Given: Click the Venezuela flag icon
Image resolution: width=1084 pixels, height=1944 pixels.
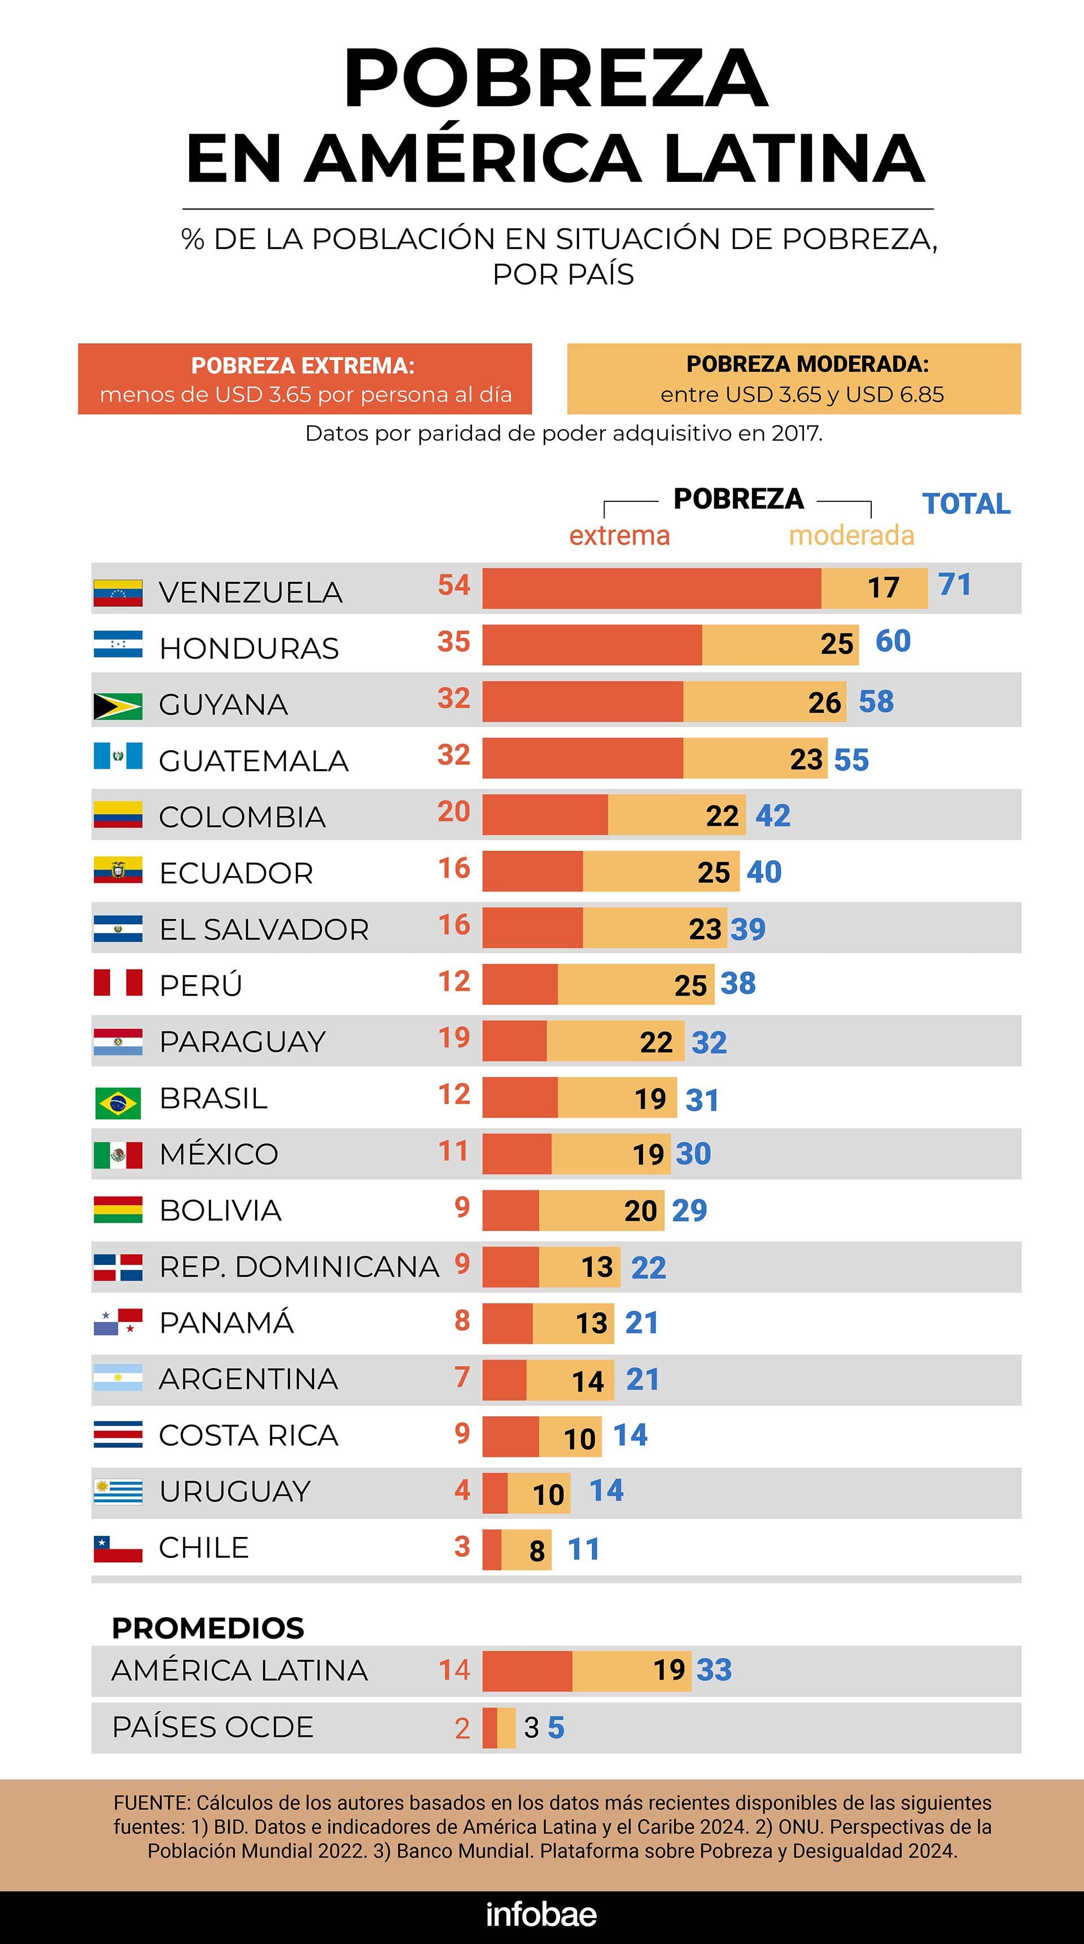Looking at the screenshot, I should click(118, 593).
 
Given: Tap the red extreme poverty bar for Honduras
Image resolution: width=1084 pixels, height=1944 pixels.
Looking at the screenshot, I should click(592, 645).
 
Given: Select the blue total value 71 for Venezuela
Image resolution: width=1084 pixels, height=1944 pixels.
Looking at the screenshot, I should click(954, 585).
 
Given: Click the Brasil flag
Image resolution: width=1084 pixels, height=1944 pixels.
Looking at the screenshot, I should click(118, 1102).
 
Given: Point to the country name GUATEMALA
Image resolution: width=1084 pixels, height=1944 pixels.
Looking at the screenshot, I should click(253, 761).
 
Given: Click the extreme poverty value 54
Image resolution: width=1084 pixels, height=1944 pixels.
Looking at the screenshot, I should click(454, 585).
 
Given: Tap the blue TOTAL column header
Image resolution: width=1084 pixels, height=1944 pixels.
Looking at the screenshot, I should click(966, 503).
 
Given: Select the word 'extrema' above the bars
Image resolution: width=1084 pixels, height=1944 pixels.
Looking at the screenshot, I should click(619, 536).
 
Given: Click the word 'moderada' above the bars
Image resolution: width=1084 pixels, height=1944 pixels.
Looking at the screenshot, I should click(851, 536).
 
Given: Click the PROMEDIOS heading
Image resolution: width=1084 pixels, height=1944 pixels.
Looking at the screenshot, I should click(208, 1628).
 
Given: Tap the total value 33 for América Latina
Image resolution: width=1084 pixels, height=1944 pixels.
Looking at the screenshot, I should click(714, 1670).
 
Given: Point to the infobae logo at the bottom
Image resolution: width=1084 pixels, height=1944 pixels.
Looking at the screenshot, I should click(541, 1914).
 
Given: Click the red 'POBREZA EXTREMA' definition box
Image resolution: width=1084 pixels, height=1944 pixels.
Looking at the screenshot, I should click(305, 379).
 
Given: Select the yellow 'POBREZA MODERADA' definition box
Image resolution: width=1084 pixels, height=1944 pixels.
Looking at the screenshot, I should click(793, 379).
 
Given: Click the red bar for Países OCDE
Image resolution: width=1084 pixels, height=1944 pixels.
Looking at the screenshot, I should click(489, 1727).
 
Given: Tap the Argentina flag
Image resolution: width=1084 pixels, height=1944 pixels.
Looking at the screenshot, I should click(118, 1378).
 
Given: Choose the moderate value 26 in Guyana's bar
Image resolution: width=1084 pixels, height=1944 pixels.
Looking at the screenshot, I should click(824, 703).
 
